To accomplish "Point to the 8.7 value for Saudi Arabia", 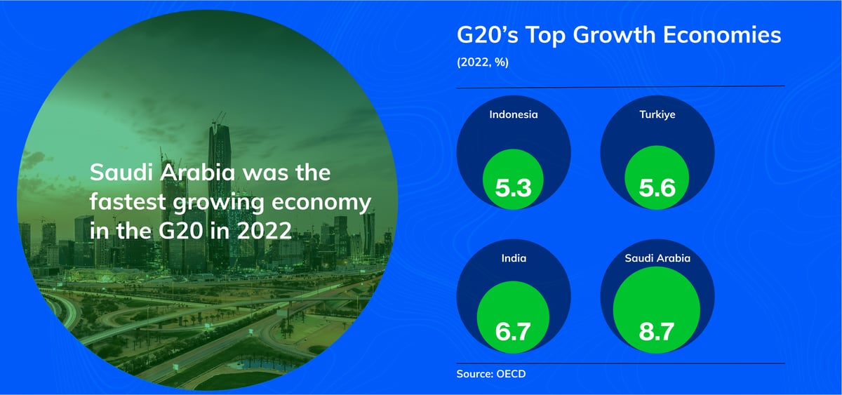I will point(658,330).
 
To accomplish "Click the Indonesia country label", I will point(513,114).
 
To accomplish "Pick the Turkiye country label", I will point(658,114).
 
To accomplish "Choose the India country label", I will point(513,258).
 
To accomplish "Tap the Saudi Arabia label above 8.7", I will point(658,258).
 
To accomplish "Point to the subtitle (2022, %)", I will point(482,62).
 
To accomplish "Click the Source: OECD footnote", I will point(490,373).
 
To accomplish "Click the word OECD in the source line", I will point(510,373).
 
